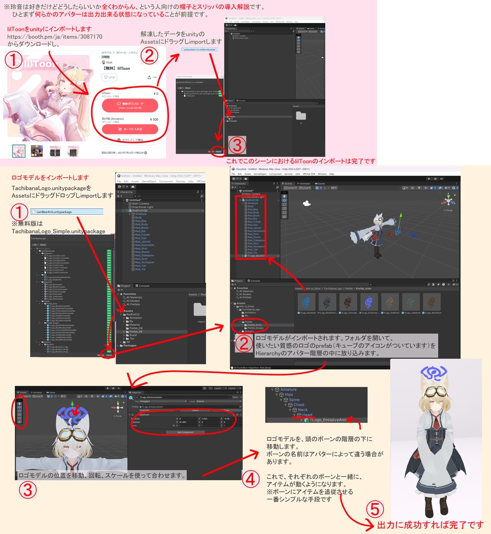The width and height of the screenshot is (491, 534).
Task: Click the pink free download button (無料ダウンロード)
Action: (130, 105)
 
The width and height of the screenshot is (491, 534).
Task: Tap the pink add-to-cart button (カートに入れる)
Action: (130, 129)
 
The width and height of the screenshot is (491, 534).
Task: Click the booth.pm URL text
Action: (55, 37)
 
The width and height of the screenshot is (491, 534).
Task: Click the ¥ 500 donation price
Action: (153, 119)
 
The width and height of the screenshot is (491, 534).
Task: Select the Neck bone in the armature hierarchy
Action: (303, 410)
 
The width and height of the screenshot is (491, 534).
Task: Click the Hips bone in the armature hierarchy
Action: (289, 395)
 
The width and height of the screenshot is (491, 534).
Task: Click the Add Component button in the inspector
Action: (185, 432)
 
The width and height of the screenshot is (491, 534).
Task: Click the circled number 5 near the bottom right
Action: (375, 509)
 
